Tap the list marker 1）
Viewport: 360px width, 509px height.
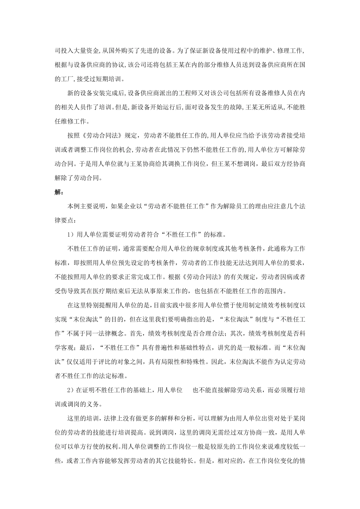71,235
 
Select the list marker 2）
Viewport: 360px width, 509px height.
71,390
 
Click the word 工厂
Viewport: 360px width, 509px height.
67,79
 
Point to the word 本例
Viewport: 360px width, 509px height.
73,207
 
